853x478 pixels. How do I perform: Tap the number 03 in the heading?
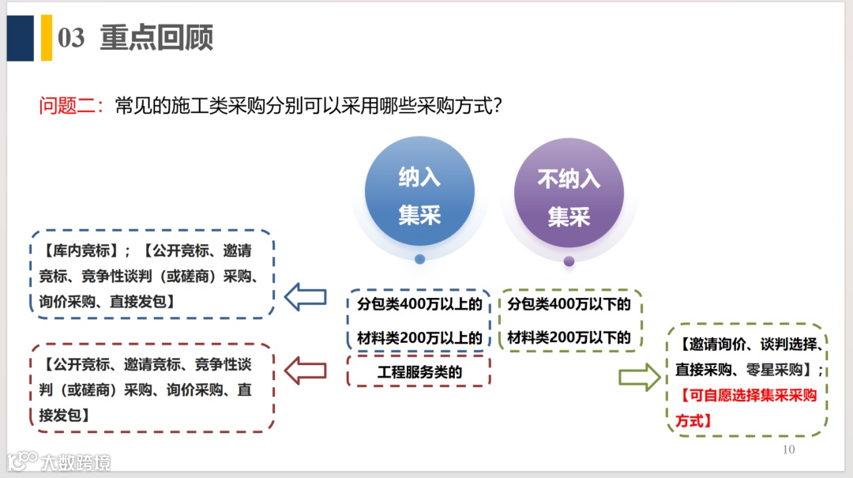71,38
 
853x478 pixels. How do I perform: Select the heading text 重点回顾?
156,38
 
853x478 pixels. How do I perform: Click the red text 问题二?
70,106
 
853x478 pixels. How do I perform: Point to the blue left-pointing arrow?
305,297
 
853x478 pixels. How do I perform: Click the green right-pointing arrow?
639,378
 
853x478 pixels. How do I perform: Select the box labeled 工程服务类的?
419,371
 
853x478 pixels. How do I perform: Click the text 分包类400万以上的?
419,304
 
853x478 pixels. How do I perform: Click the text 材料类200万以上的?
419,338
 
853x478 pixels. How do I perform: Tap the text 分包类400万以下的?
569,304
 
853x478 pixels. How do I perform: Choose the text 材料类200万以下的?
569,338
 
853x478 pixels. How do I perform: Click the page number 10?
787,450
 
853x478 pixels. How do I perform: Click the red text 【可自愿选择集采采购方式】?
746,408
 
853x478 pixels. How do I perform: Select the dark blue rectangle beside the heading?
21,38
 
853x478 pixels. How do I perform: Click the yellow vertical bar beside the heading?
46,38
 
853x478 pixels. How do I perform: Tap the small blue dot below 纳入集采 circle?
419,258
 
